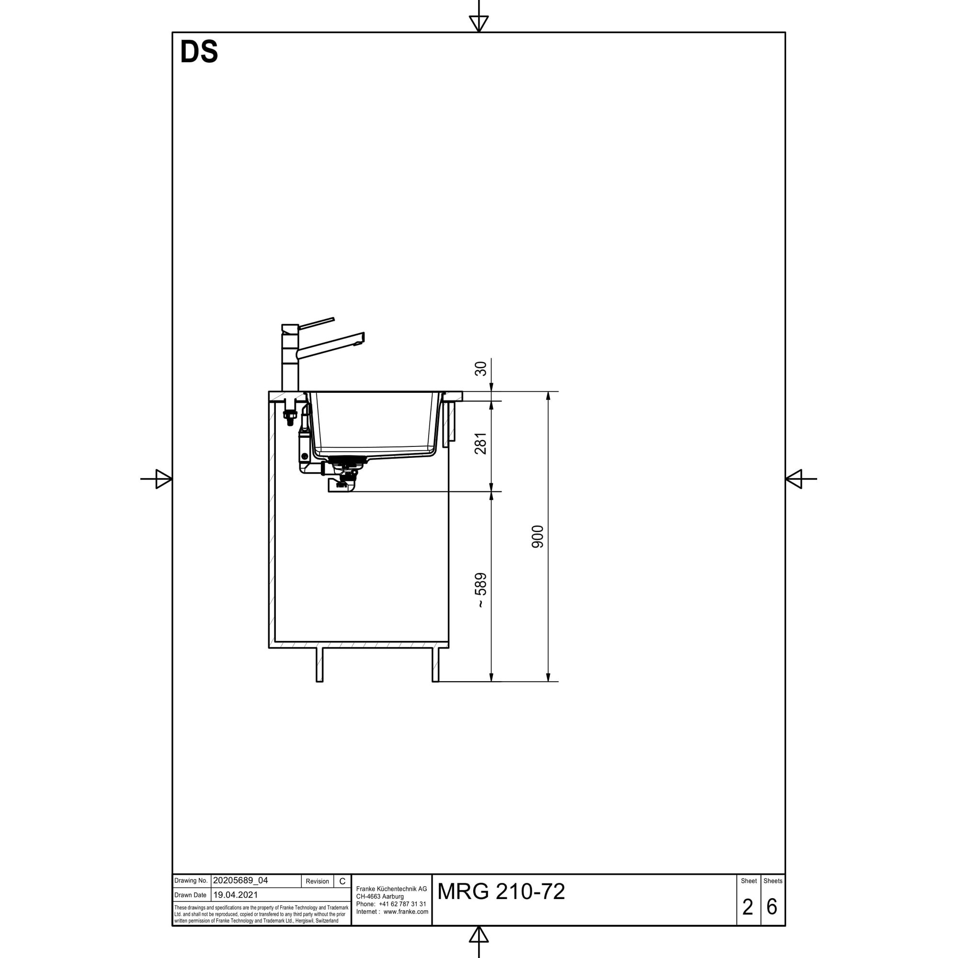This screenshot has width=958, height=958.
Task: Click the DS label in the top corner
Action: pyautogui.click(x=199, y=52)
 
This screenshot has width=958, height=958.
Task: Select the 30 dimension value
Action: pyautogui.click(x=480, y=368)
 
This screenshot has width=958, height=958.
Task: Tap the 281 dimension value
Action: pyautogui.click(x=480, y=443)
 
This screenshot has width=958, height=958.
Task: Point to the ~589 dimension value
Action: pyautogui.click(x=480, y=590)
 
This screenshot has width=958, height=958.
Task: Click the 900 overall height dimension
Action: pyautogui.click(x=537, y=536)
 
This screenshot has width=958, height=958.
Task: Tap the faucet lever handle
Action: pyautogui.click(x=316, y=323)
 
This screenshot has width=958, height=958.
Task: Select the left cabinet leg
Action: pyautogui.click(x=320, y=664)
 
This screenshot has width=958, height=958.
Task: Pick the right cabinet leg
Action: pyautogui.click(x=435, y=664)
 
